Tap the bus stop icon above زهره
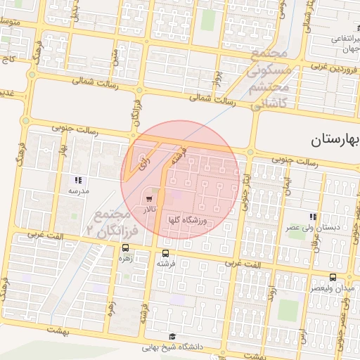[x=125, y=247]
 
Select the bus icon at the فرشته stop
[x=166, y=253]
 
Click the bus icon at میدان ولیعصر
[x=333, y=277]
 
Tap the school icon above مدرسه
[x=78, y=180]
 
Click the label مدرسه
[x=78, y=191]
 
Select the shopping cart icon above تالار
[x=148, y=200]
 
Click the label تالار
[x=149, y=210]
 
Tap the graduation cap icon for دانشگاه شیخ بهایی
[x=173, y=337]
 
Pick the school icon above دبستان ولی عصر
[x=312, y=217]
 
